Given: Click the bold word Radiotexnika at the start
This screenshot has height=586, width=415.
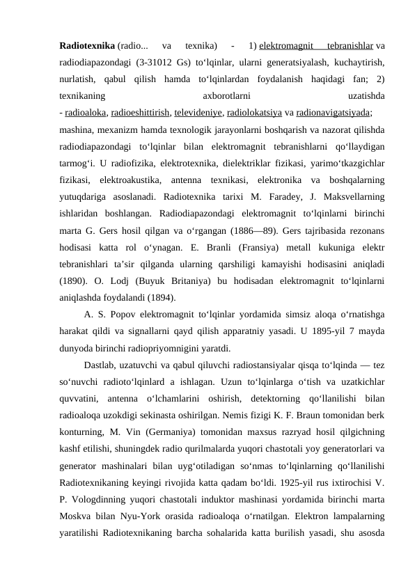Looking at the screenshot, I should (x=88, y=47).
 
